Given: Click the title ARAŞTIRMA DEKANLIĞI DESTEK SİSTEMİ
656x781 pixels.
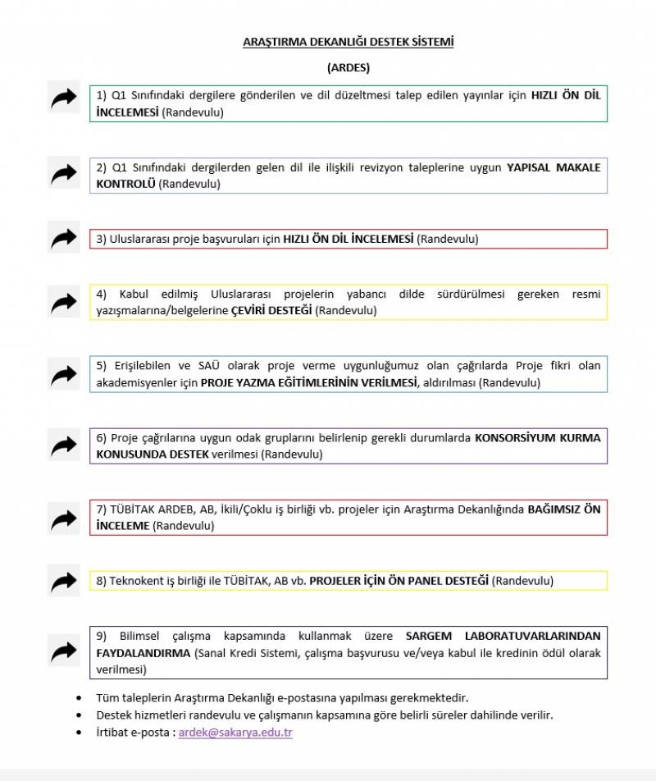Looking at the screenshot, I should [348, 41].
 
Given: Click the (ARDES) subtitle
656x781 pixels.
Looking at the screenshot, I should [348, 67].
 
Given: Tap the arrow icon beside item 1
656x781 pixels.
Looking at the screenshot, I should [63, 99].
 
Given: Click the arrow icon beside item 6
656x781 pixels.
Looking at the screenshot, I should [63, 446].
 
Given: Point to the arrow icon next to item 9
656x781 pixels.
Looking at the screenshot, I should [63, 652].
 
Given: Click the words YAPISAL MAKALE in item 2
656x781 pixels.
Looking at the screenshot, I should [553, 167].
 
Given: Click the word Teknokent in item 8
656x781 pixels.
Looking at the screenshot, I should [135, 581].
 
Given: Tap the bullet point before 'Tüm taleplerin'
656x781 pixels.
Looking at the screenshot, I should [79, 698].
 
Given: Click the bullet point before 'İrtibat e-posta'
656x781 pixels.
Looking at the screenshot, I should [79, 733].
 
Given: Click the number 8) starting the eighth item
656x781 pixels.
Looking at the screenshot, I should [102, 581].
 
